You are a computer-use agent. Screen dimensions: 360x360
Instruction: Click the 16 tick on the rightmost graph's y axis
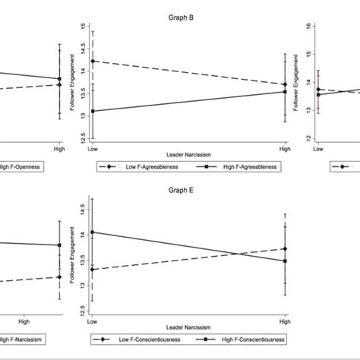[x=308, y=26]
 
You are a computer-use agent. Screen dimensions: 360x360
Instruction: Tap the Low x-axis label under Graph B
[x=93, y=144]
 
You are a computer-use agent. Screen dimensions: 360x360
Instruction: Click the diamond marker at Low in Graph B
[x=93, y=62]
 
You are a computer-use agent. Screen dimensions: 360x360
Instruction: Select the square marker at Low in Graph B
[x=93, y=111]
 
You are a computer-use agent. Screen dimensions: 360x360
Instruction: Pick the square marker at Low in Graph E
[x=93, y=232]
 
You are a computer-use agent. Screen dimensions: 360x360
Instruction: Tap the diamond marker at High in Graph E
[x=285, y=248]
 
